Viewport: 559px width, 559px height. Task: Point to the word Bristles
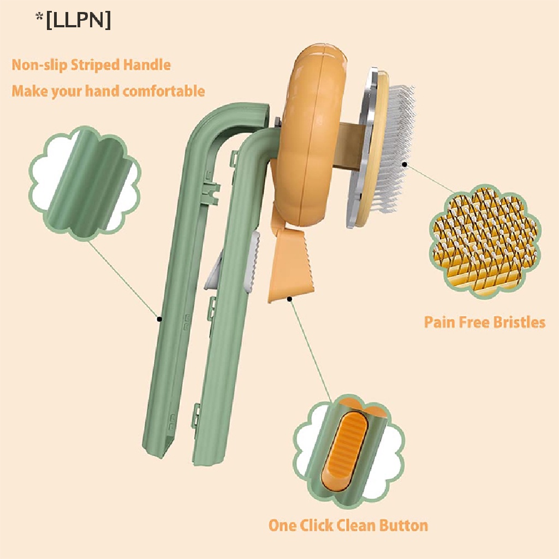coord(519,322)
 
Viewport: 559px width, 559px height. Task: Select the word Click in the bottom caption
coord(324,525)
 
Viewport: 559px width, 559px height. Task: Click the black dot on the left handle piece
coord(159,318)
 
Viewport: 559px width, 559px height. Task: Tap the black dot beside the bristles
coord(405,163)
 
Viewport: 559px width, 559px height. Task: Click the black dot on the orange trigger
coord(289,299)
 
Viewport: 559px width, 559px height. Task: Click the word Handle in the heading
coord(147,65)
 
